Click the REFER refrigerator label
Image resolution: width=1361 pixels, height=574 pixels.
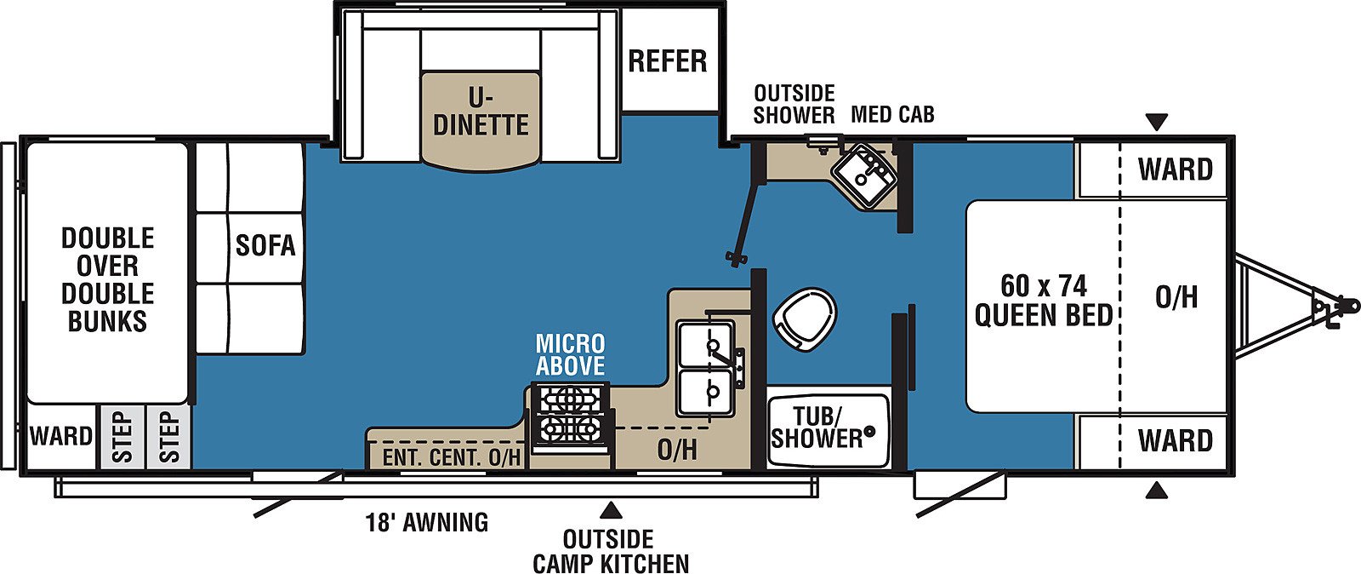pos(667,61)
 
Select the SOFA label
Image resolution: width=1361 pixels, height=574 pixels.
pos(265,245)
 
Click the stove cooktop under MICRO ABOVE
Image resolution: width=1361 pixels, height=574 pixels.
pos(569,418)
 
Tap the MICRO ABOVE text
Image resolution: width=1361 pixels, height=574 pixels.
pos(570,354)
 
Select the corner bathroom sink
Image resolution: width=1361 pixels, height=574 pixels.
pos(864,175)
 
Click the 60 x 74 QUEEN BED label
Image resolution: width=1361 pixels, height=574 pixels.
pos(1044,300)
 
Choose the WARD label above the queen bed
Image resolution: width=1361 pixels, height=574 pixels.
pos(1176,169)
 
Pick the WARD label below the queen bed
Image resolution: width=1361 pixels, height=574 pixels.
pos(1176,440)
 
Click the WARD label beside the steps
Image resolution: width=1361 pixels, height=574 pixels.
pos(60,436)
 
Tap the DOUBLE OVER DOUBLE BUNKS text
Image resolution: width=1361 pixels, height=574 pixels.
pos(107,279)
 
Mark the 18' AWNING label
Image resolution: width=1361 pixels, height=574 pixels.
pos(427,522)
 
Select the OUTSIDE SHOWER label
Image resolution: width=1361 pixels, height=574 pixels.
pos(794,105)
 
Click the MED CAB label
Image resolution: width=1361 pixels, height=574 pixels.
pos(892,114)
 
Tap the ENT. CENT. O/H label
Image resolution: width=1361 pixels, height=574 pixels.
pos(452,457)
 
